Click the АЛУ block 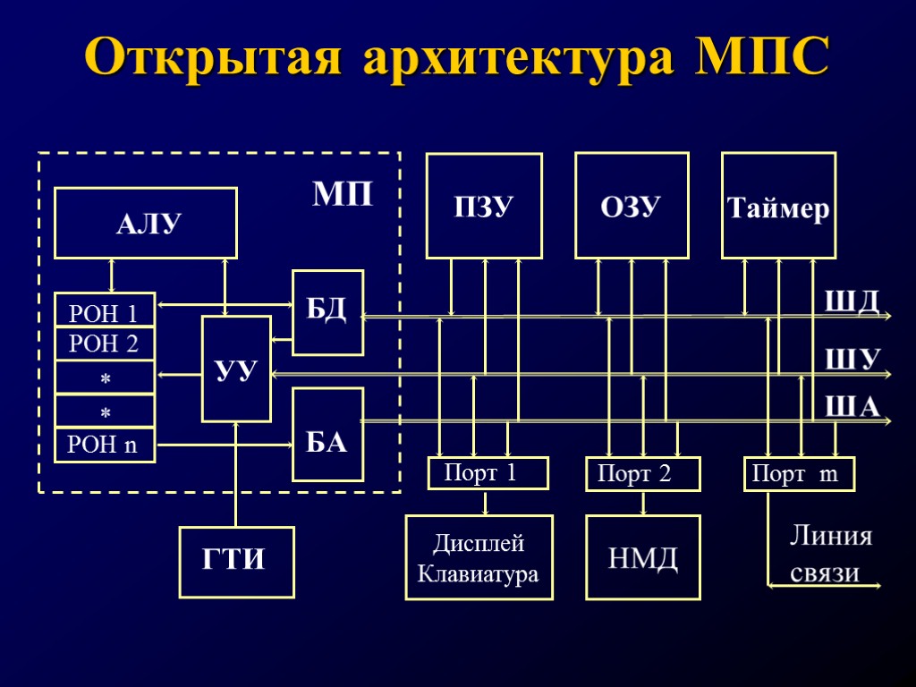click(x=146, y=223)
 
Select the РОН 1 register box click(x=105, y=311)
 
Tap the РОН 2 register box click(x=105, y=343)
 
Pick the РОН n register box click(x=105, y=445)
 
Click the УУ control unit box click(x=236, y=369)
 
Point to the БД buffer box click(x=328, y=312)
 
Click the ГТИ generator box click(x=237, y=562)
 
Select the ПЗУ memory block click(x=484, y=207)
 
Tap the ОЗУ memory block click(x=632, y=207)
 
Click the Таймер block click(x=779, y=208)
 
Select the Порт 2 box click(x=642, y=474)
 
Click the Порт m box click(x=800, y=474)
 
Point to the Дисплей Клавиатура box click(x=479, y=557)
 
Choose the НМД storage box click(x=642, y=557)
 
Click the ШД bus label click(x=851, y=301)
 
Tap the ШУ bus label click(x=851, y=359)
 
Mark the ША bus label click(x=851, y=408)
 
